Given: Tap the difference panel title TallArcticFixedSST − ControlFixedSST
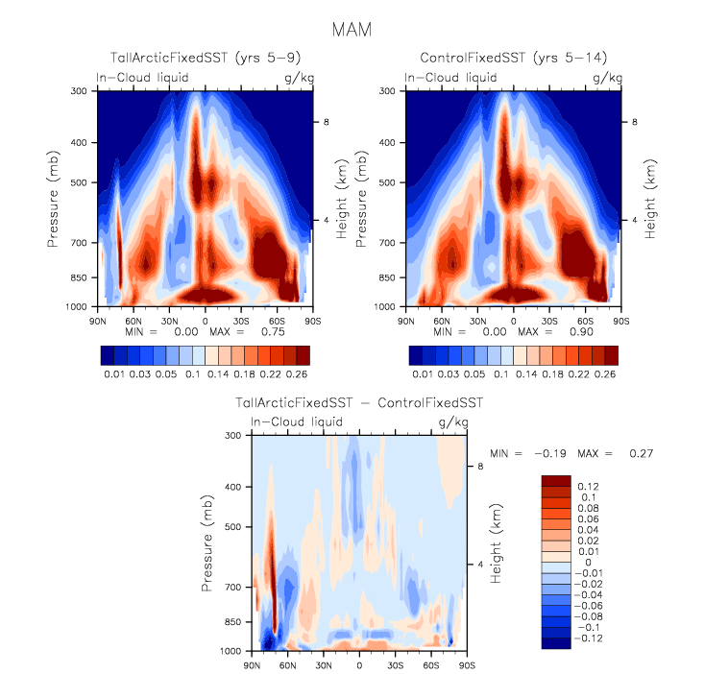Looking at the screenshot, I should click(359, 403).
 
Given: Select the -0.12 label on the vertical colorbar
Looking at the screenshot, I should click(588, 637).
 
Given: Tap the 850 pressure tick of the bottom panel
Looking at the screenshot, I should click(231, 622).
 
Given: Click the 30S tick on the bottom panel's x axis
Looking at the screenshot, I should click(395, 663).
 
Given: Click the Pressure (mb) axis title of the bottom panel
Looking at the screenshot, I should click(208, 543).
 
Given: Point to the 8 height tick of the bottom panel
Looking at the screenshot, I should click(482, 467).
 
